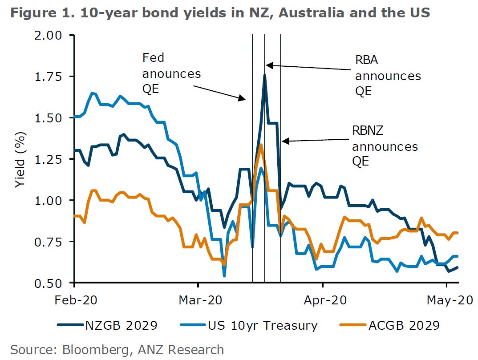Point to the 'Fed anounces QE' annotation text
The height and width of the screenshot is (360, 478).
[171, 73]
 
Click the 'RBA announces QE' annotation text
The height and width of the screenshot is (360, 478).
[388, 76]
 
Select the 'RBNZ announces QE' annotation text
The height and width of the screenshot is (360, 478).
[385, 146]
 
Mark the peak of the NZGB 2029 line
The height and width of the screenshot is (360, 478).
[265, 75]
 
